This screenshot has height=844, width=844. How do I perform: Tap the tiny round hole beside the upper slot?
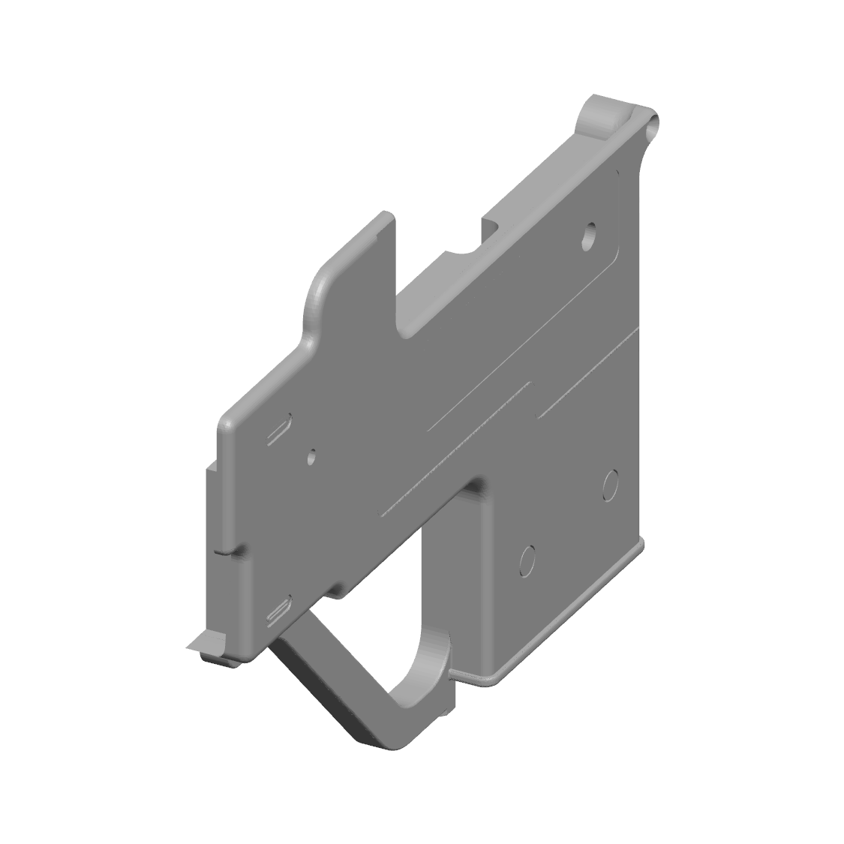coord(312,455)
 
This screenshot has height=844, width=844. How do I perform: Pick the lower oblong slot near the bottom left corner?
coord(279,611)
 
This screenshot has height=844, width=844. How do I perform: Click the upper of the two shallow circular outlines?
coord(610,485)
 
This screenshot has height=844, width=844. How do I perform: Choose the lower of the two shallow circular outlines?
coord(528,560)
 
